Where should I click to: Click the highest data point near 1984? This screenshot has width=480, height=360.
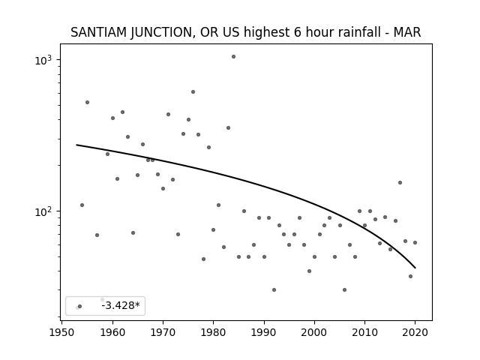click(233, 57)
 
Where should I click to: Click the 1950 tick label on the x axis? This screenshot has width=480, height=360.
click(62, 332)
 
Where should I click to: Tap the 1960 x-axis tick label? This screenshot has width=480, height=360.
click(112, 332)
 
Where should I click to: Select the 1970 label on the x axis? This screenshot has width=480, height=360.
click(163, 332)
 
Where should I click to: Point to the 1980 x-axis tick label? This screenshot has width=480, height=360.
click(213, 332)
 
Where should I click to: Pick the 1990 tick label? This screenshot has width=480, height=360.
click(264, 332)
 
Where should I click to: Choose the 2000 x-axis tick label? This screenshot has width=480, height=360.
click(314, 332)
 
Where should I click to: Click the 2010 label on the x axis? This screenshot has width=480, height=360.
click(364, 332)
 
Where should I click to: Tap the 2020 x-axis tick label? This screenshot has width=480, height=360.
click(415, 332)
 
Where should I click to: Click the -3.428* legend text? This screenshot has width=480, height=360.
click(121, 305)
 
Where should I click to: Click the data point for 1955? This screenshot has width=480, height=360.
click(87, 103)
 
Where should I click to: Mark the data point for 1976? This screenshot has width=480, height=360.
click(193, 91)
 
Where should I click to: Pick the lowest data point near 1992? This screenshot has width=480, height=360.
click(274, 290)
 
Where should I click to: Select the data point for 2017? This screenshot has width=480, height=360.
click(400, 183)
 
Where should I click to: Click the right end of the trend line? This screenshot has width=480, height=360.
click(415, 268)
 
